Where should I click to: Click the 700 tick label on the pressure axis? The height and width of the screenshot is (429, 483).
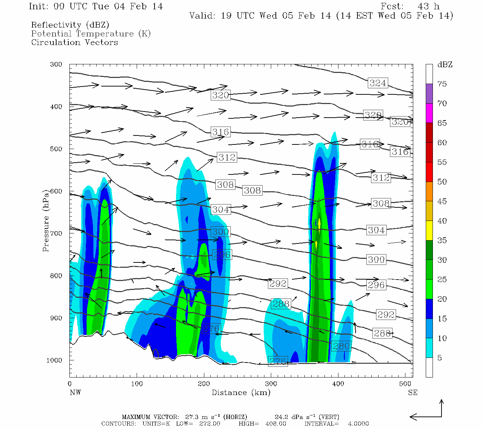coord(56,233)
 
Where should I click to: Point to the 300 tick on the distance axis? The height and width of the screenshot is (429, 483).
coord(271,384)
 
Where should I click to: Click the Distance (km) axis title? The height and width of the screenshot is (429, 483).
coord(241,393)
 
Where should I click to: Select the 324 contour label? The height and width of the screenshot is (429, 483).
coord(378,83)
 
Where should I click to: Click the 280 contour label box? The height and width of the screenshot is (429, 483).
coord(341,346)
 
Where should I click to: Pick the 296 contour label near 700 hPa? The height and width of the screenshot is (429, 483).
coord(222,255)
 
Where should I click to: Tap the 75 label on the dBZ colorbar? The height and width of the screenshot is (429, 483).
coord(442,84)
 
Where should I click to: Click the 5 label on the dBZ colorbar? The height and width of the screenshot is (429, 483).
coord(439,358)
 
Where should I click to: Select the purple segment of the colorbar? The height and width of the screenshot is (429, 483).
coord(429,93)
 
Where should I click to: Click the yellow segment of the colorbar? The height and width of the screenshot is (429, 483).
coord(429,230)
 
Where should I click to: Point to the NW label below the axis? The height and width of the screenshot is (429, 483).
coord(75,393)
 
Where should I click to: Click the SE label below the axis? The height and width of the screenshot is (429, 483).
coord(413,393)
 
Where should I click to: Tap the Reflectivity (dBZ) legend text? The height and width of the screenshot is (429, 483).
coord(70,25)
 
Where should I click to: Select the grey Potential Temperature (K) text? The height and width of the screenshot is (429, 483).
coord(91,34)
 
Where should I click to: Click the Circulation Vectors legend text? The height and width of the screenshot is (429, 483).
coord(74,42)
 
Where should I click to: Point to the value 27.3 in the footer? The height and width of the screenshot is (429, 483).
coord(191,417)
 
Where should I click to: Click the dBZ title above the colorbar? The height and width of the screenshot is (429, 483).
coord(445,65)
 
